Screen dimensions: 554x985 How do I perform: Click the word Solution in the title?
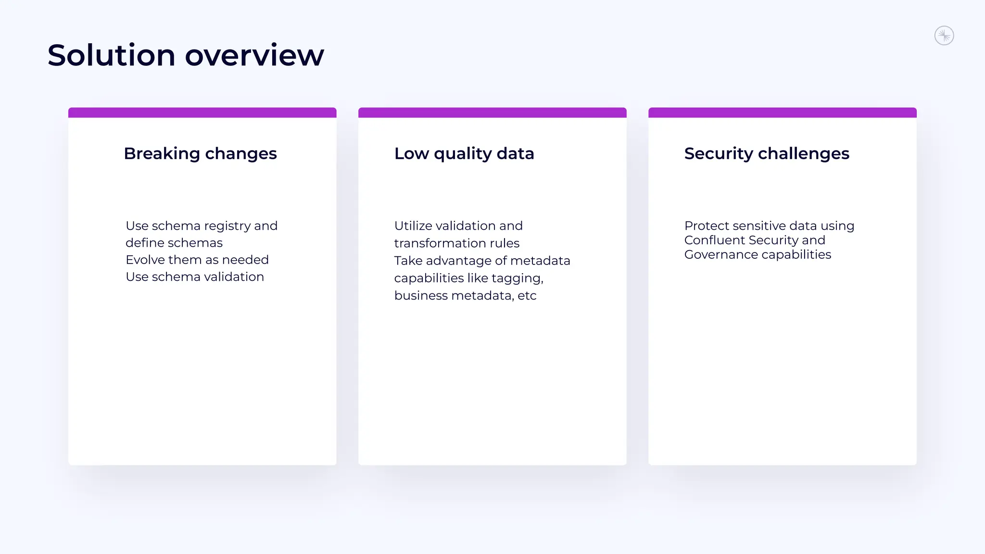[111, 55]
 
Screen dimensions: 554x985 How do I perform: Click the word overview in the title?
[254, 55]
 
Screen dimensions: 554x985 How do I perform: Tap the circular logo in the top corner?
[944, 36]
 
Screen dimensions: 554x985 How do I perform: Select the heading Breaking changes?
[200, 153]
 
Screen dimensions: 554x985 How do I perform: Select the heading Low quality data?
[464, 153]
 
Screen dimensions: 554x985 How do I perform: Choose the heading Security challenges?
[767, 153]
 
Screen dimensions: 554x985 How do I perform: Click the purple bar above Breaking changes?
[202, 113]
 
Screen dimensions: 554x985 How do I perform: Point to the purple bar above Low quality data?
[492, 113]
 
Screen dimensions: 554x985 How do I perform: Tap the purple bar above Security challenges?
[782, 113]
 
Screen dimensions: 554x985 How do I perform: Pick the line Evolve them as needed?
[197, 260]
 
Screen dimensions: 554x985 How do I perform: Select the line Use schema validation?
[195, 277]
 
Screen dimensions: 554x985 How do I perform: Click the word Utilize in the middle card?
[413, 226]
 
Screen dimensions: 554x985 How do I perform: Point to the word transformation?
[440, 243]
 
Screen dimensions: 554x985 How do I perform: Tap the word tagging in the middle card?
[517, 278]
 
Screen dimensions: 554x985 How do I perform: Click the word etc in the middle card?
[527, 296]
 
